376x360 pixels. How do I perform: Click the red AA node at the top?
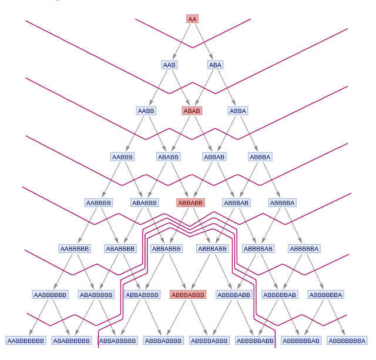[192, 19]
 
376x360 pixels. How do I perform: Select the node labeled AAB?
[169, 65]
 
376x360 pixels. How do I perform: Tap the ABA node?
[215, 65]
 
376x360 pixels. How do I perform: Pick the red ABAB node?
[192, 111]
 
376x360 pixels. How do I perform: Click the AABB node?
[146, 111]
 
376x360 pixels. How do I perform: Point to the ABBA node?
[238, 111]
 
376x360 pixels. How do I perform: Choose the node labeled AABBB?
[122, 157]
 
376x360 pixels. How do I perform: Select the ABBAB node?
[214, 157]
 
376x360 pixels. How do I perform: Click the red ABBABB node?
[190, 203]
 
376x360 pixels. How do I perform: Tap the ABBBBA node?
[282, 203]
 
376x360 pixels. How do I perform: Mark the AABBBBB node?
[74, 249]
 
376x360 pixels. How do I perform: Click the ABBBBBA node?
[304, 249]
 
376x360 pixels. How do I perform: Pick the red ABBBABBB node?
[188, 295]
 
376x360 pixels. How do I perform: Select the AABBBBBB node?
[51, 295]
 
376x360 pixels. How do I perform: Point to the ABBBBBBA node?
[325, 295]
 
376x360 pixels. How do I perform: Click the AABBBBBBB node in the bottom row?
[26, 341]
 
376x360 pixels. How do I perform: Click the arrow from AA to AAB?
[181, 41]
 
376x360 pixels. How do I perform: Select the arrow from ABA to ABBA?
[226, 88]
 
